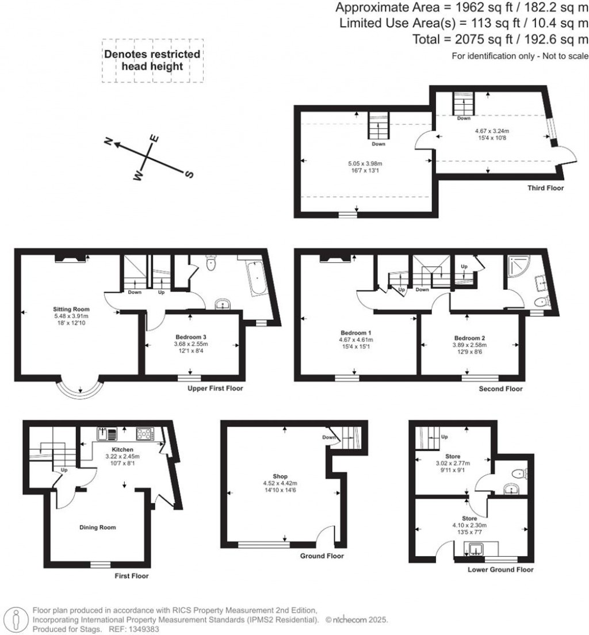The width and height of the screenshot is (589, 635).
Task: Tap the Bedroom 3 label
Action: click(191, 337)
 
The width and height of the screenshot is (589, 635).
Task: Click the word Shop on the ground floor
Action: click(281, 476)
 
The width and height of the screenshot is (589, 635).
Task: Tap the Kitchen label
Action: click(123, 449)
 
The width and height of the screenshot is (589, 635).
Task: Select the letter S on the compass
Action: click(188, 174)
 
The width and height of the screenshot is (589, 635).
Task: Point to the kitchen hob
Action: click(143, 433)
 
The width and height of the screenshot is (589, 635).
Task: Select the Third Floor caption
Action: click(545, 188)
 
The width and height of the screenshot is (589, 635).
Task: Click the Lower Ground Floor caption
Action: click(500, 570)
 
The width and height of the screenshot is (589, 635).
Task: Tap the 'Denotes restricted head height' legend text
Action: click(152, 60)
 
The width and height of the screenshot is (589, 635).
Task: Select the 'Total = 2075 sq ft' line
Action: click(500, 39)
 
